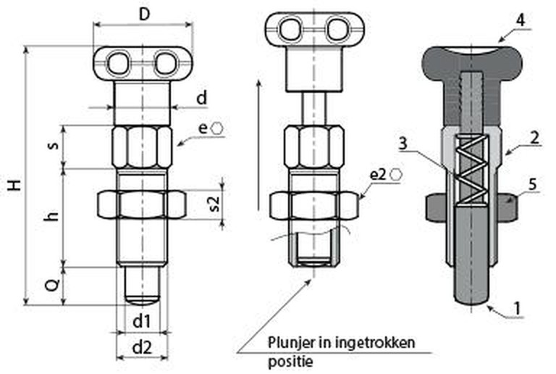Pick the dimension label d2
[141, 347]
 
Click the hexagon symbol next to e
[217, 128]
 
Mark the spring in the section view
[469, 169]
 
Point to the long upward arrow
[258, 145]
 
